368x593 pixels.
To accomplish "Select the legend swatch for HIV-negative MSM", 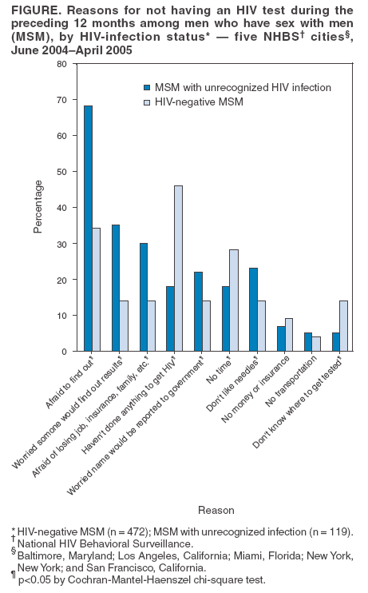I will (147, 101).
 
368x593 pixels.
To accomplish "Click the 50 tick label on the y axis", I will (61, 171).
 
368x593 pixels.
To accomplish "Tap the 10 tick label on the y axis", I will (61, 316).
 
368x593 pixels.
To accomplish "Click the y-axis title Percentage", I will (38, 207).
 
